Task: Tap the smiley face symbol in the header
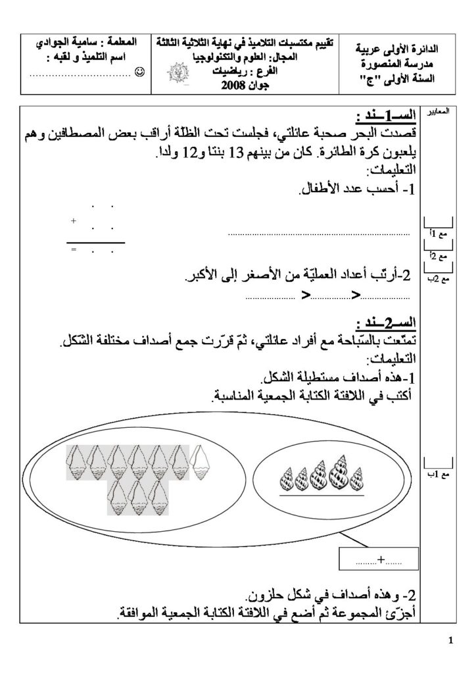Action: point(139,70)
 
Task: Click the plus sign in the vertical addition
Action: point(73,221)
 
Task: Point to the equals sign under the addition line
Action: point(73,251)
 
